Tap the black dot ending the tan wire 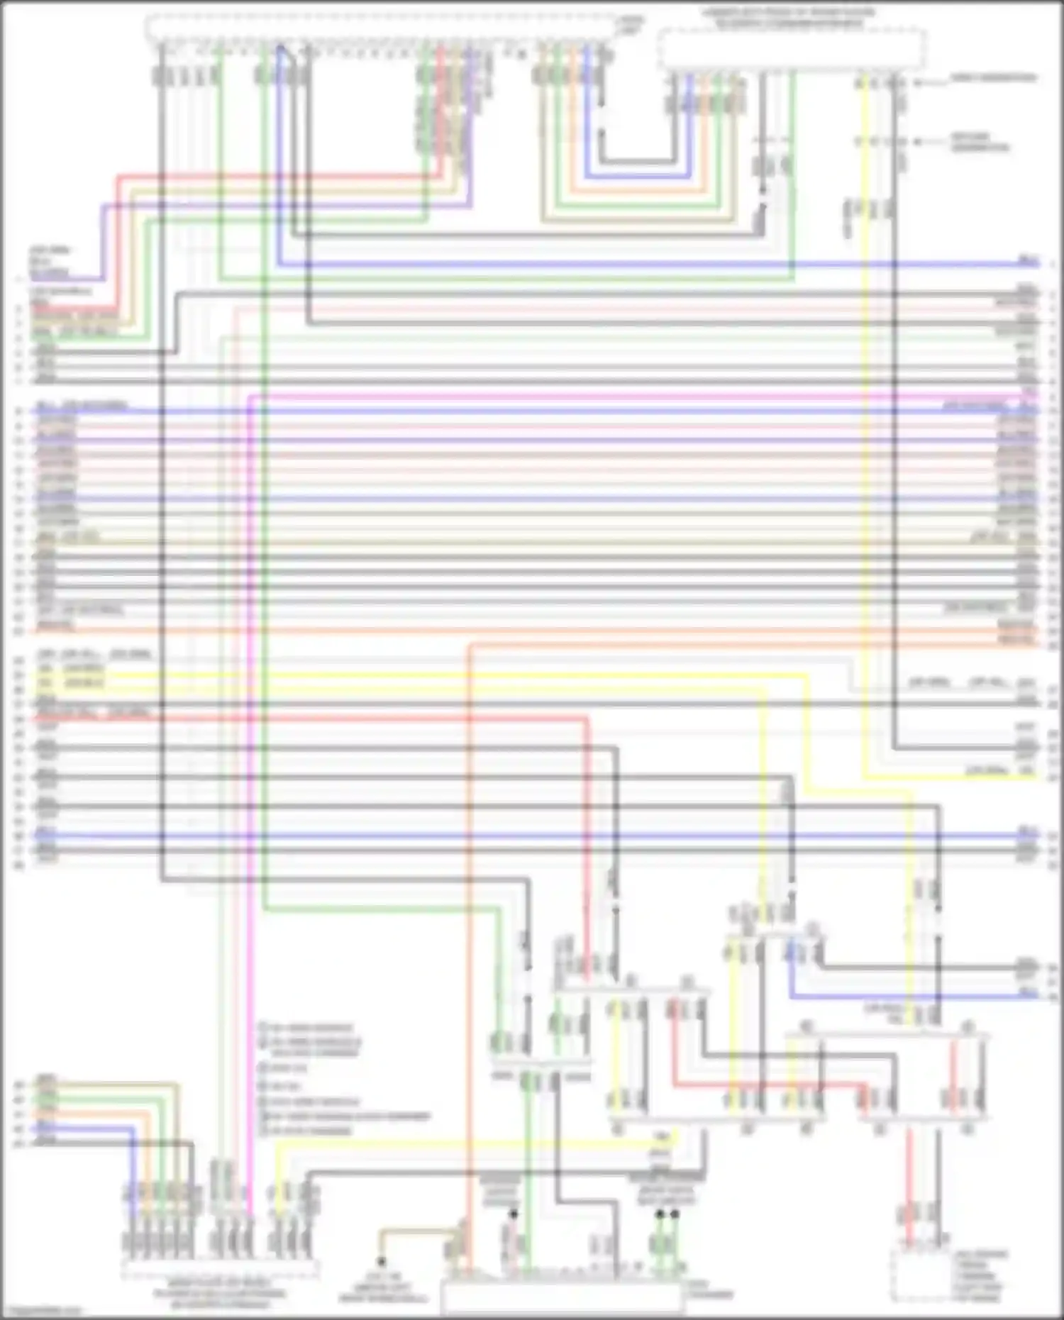point(381,1262)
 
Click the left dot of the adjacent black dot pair point(660,1214)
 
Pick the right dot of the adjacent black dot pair point(675,1214)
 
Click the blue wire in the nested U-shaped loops point(638,175)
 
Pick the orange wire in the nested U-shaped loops point(638,190)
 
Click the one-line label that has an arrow point(993,78)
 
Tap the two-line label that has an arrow point(980,142)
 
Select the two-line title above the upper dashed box point(788,18)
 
